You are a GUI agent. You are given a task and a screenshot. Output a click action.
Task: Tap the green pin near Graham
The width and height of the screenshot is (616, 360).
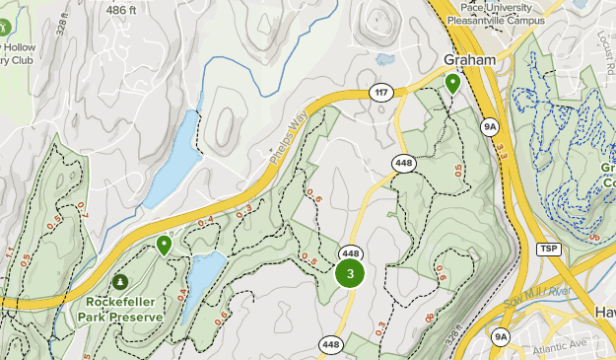pyautogui.click(x=452, y=84)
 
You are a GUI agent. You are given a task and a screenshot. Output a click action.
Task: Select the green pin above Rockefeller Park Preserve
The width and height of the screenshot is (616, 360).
pyautogui.click(x=164, y=244)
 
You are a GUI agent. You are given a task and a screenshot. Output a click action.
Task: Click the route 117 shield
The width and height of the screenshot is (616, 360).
pyautogui.click(x=380, y=93)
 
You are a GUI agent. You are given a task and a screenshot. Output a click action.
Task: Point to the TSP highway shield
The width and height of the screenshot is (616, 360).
pyautogui.click(x=548, y=249)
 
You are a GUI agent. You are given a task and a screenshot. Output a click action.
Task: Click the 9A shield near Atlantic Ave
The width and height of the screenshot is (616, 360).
pyautogui.click(x=501, y=337)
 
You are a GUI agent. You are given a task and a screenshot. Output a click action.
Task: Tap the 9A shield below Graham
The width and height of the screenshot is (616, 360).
pyautogui.click(x=490, y=127)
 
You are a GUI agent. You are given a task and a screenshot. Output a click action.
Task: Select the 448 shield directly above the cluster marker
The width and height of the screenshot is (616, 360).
pyautogui.click(x=350, y=252)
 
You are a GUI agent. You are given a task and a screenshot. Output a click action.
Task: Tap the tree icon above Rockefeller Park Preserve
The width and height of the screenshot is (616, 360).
pyautogui.click(x=123, y=283)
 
